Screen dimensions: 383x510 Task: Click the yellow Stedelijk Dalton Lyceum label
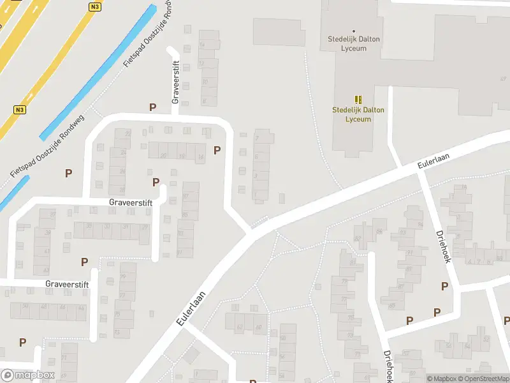click(x=358, y=114)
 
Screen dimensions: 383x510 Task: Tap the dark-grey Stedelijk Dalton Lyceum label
click(x=354, y=43)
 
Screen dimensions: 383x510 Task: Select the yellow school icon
click(x=358, y=99)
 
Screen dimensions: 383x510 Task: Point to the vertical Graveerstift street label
click(x=177, y=82)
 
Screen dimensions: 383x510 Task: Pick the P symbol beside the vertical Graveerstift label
click(x=152, y=107)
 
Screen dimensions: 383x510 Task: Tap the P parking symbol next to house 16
click(x=217, y=151)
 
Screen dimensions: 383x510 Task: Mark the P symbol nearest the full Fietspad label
click(x=68, y=173)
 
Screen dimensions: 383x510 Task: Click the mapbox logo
click(x=27, y=375)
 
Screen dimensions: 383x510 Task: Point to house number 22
click(x=127, y=133)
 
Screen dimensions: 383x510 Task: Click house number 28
click(x=122, y=172)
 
